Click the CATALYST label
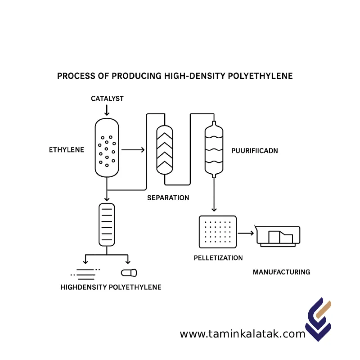click(x=107, y=98)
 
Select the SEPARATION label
click(x=168, y=198)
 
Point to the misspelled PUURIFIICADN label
click(x=254, y=151)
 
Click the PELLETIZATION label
click(x=218, y=258)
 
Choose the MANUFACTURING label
click(x=281, y=272)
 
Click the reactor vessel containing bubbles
click(x=107, y=147)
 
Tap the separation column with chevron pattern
click(x=164, y=150)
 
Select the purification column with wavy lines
click(x=214, y=149)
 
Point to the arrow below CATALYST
click(x=107, y=109)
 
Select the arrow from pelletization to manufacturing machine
click(x=246, y=233)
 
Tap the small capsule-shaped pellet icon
click(x=129, y=272)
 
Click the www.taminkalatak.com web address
click(x=243, y=334)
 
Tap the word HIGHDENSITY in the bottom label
click(x=84, y=287)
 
